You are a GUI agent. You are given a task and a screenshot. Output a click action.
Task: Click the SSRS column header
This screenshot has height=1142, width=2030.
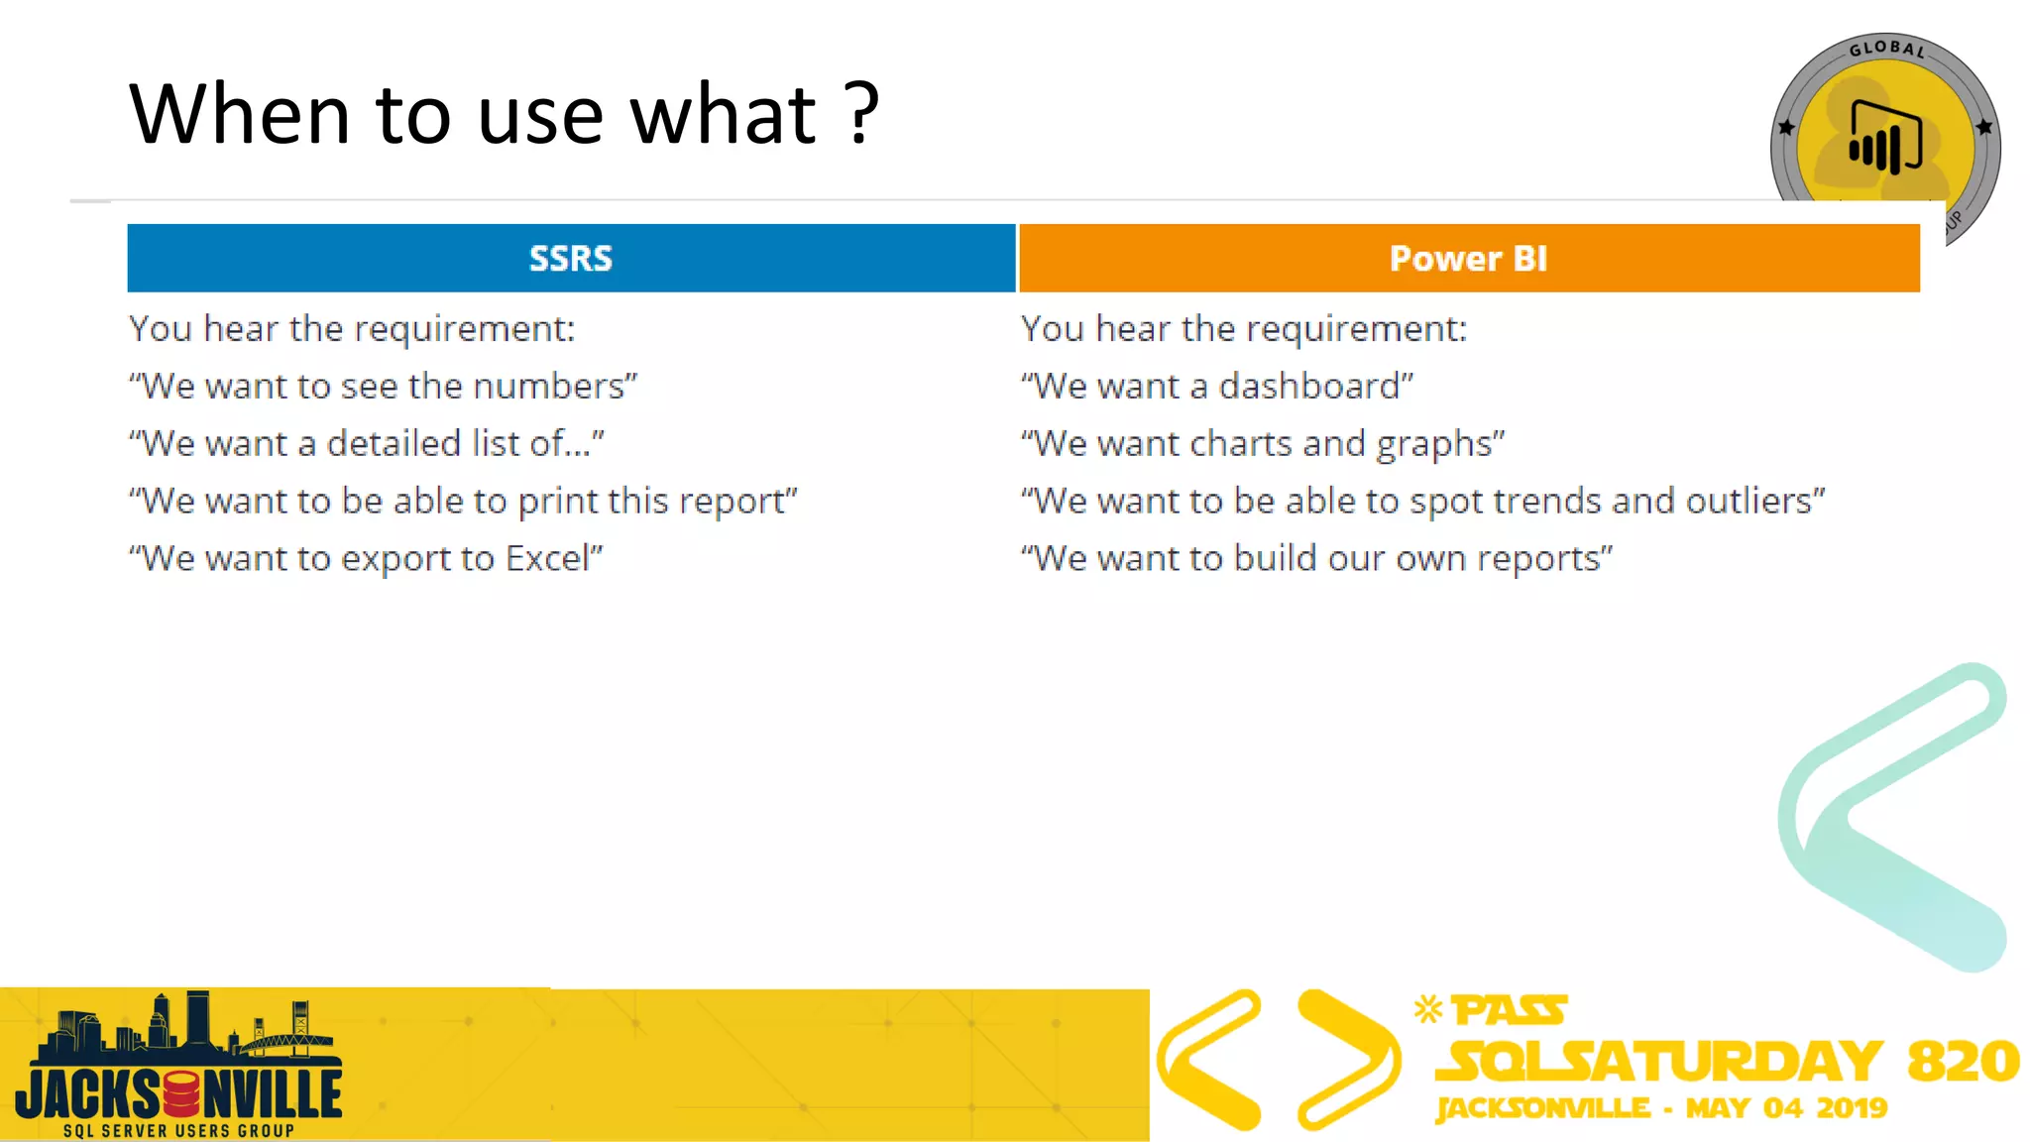coord(571,258)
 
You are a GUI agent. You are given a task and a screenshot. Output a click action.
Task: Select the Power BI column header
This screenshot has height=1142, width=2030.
coord(1468,258)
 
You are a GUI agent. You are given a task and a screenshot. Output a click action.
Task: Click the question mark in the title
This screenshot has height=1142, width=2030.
coord(863,113)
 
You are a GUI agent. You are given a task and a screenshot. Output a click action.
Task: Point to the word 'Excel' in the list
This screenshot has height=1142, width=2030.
coord(548,558)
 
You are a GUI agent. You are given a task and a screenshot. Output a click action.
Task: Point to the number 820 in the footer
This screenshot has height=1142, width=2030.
coord(1963,1061)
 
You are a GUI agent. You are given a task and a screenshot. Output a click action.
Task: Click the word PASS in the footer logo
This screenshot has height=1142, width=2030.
coord(1509,1011)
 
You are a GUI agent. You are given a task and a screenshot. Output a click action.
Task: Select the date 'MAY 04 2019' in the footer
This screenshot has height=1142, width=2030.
coord(1786,1108)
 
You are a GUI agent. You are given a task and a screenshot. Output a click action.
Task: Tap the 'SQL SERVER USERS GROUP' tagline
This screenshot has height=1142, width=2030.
coord(178,1131)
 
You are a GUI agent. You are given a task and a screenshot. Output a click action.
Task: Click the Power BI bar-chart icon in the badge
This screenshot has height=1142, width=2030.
coord(1884,139)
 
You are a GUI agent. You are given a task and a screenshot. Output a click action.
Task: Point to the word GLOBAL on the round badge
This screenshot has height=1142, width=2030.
coord(1886,49)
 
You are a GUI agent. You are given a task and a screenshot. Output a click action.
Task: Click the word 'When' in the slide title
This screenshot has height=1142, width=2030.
coord(239,114)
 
